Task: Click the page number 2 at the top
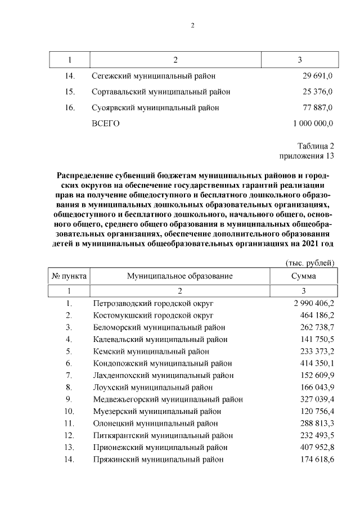(x=192, y=25)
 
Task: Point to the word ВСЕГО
(x=105, y=123)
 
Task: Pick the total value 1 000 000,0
(x=313, y=123)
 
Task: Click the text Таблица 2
(x=316, y=146)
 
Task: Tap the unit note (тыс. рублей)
(x=310, y=262)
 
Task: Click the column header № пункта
(x=69, y=276)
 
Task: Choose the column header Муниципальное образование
(x=179, y=276)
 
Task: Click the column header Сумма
(x=303, y=276)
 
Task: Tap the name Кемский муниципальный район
(x=150, y=352)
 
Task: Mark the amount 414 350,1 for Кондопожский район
(x=316, y=363)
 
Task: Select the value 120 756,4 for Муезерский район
(x=316, y=411)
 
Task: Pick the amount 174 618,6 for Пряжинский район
(x=316, y=460)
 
